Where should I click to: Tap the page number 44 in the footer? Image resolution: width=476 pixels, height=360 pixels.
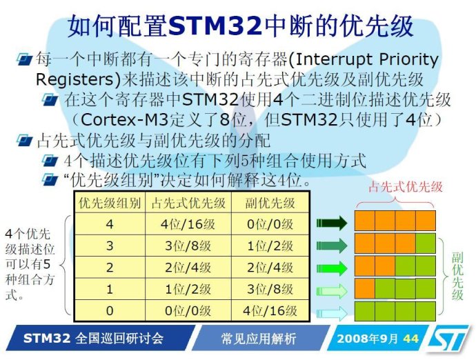[410, 339]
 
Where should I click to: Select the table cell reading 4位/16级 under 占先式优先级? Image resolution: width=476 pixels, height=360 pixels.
[188, 224]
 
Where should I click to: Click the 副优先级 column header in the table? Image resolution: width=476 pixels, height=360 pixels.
[270, 203]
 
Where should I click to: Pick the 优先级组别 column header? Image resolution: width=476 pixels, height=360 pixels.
[110, 203]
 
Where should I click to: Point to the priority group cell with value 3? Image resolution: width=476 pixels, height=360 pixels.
[110, 246]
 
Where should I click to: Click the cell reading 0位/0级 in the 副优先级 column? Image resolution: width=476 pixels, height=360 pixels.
[270, 224]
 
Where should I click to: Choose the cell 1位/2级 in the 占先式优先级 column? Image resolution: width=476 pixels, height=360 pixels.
[188, 289]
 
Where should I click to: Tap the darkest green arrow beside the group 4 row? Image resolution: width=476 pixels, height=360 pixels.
[332, 223]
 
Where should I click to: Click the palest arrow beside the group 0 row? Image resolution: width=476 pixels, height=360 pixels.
[332, 312]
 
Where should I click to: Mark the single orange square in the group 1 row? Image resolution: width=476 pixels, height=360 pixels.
[365, 288]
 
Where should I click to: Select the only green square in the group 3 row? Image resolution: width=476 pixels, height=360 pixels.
[426, 243]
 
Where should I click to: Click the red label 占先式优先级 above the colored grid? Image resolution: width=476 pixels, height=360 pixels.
[406, 187]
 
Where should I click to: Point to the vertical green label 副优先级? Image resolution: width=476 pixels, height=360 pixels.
[457, 277]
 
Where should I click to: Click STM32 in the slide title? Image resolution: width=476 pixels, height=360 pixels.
[215, 26]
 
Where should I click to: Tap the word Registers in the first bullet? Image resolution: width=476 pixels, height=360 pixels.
[75, 79]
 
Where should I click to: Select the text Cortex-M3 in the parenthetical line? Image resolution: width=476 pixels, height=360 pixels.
[124, 119]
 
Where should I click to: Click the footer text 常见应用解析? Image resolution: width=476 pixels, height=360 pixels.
[258, 339]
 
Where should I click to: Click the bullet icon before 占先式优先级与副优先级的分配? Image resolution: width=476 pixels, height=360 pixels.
[25, 140]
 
